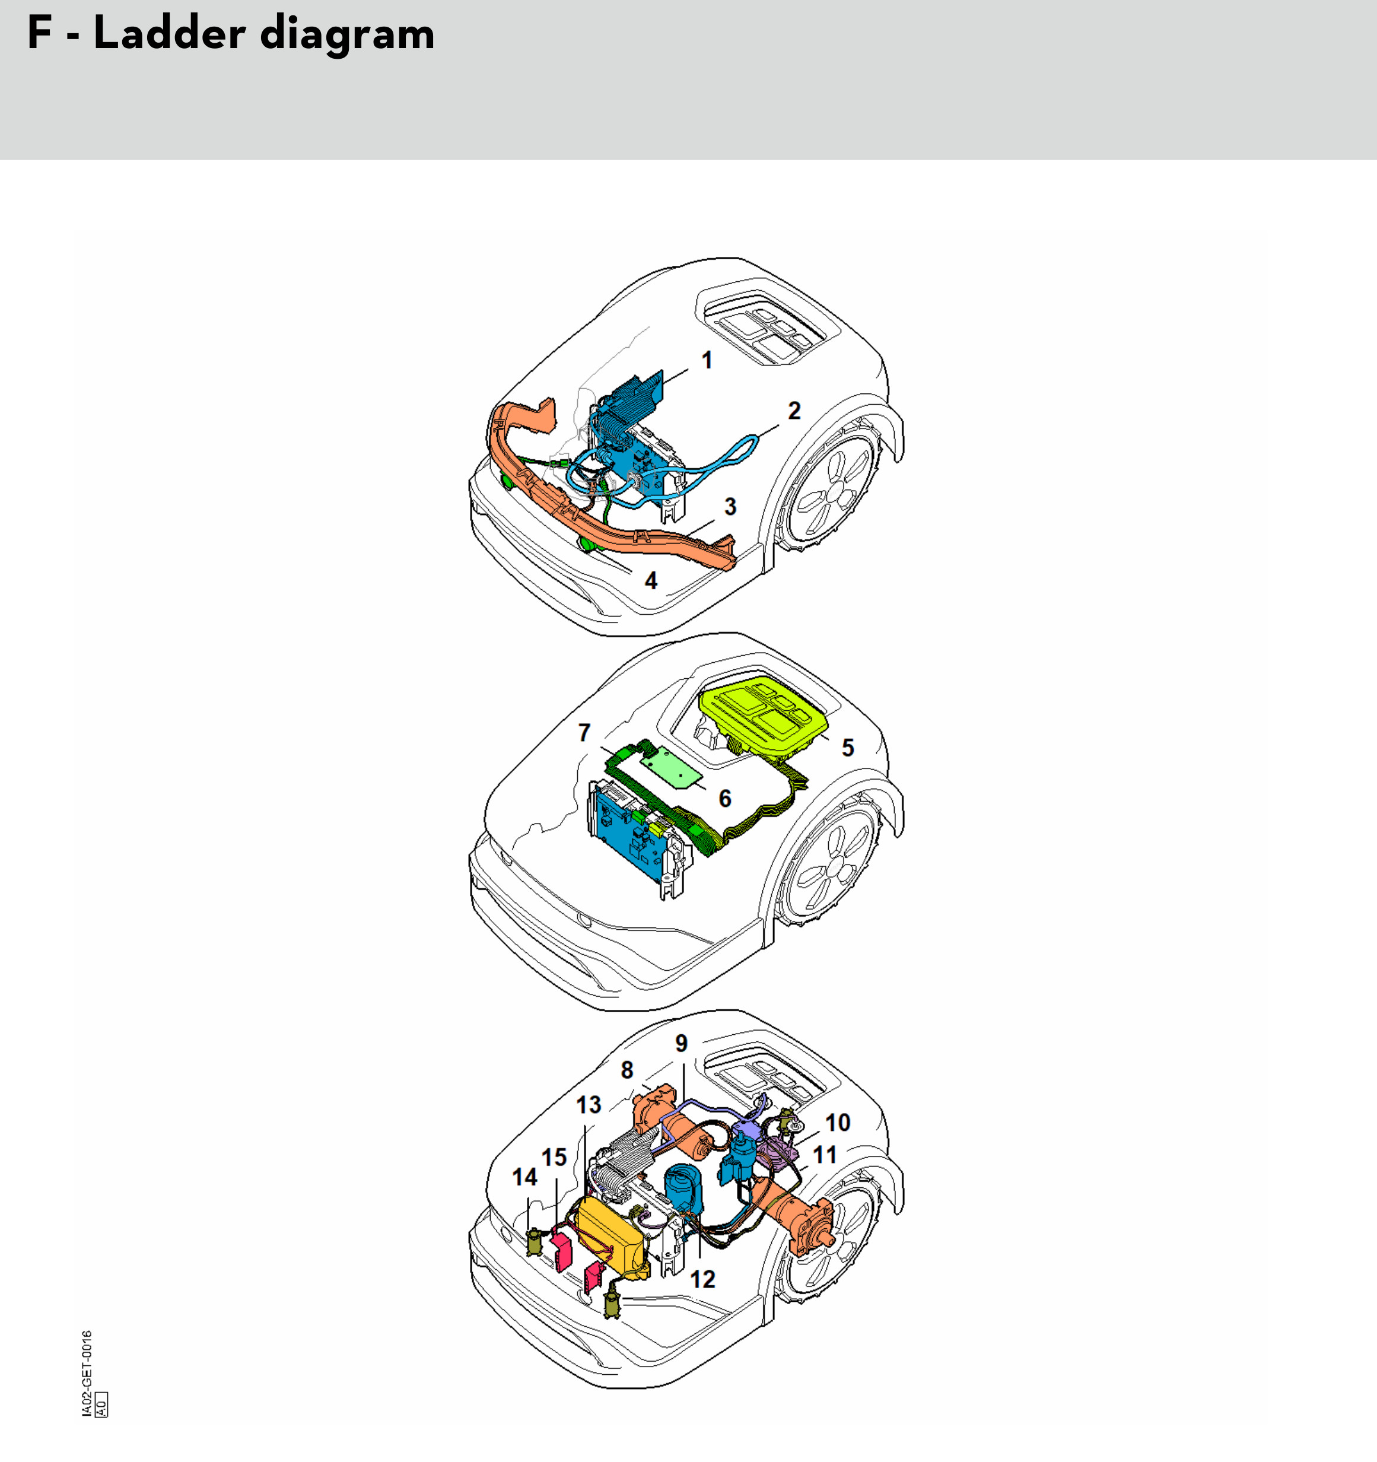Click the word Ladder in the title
coord(169,34)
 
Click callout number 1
coord(707,360)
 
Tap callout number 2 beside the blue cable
coord(794,411)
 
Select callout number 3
coord(730,507)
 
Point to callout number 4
coord(651,581)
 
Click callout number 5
coord(848,748)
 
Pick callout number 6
coord(725,799)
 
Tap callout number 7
coord(584,733)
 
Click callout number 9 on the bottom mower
coord(682,1044)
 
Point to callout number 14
coord(524,1177)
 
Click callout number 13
coord(588,1105)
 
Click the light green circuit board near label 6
coord(671,767)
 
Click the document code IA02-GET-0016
coord(87,1373)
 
